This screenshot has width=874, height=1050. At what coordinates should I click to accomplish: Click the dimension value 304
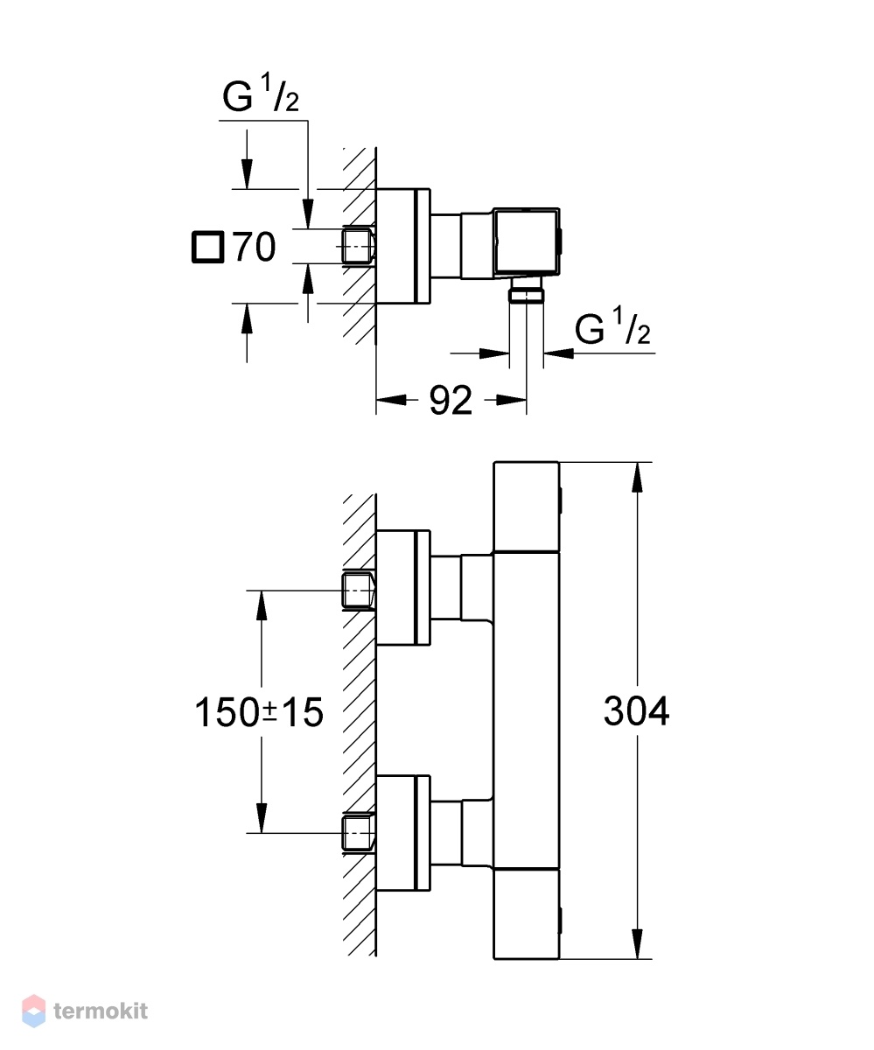coord(636,711)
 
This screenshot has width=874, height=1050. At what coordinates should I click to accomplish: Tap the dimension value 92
coord(451,400)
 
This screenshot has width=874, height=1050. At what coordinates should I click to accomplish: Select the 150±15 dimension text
coord(258,712)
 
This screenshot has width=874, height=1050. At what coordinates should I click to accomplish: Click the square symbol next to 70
coord(207,247)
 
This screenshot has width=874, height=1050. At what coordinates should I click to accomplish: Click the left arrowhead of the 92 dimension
coord(391,400)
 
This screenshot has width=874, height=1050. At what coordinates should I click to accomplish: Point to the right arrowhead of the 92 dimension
coord(512,400)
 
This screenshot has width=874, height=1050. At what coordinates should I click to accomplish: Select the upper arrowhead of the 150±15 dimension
coord(261,606)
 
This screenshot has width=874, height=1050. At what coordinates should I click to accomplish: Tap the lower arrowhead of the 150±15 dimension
coord(261,817)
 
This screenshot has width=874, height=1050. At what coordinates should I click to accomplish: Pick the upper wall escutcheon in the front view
coord(403,587)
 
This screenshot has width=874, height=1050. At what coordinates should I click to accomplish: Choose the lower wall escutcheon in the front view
coord(403,834)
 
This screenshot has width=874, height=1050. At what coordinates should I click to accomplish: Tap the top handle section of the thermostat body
coord(527,507)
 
